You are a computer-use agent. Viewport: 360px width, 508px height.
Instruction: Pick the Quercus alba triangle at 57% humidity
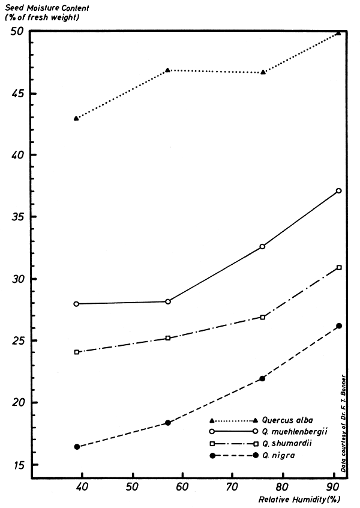(x=168, y=70)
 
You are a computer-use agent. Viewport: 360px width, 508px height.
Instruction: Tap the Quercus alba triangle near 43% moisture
(x=76, y=118)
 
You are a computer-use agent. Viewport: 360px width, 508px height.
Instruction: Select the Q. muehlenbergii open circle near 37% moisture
(x=339, y=191)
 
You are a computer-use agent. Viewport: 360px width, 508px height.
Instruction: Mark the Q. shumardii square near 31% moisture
(x=339, y=267)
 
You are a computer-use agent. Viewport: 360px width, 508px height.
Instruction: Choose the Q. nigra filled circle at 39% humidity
(x=77, y=447)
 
